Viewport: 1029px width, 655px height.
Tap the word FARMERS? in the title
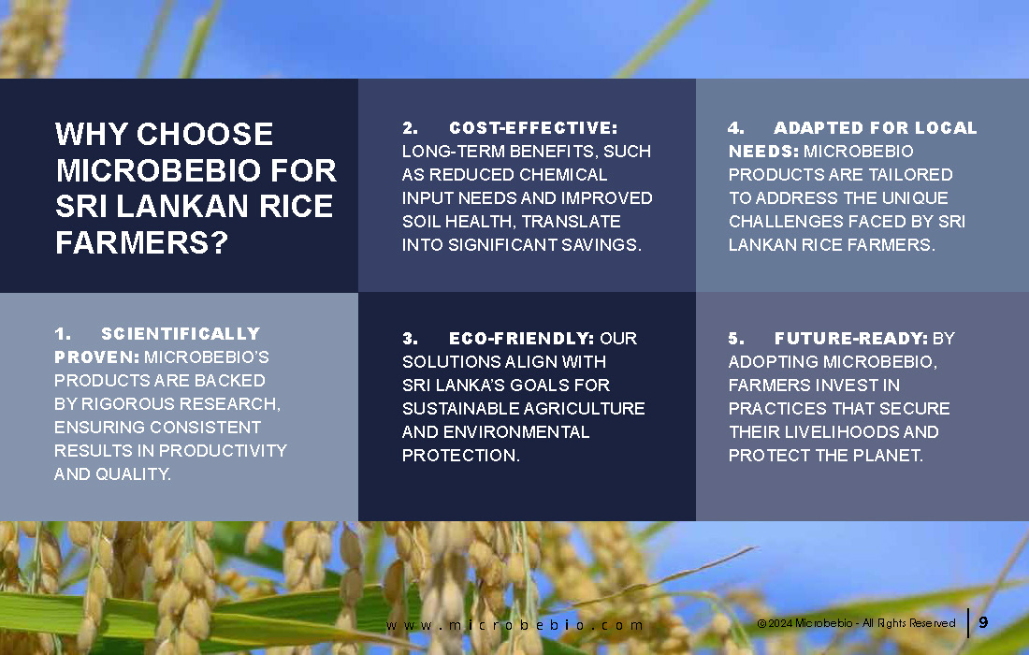click(142, 243)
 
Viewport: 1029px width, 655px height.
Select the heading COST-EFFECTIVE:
click(533, 127)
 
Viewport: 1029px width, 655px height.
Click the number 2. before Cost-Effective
click(410, 127)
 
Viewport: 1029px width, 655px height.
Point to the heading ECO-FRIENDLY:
click(521, 338)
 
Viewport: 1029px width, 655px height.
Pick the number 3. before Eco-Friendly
click(410, 338)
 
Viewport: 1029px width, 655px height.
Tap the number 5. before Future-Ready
click(736, 338)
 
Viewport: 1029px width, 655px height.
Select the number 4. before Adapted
click(736, 127)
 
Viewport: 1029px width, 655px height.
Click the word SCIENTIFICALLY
click(181, 333)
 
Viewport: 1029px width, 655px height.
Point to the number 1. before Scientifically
click(63, 333)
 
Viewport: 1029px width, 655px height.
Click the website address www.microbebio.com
click(514, 625)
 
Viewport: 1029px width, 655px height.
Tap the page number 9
click(983, 622)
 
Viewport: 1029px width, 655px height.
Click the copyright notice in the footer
click(856, 623)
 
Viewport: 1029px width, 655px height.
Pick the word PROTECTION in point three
click(460, 456)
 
